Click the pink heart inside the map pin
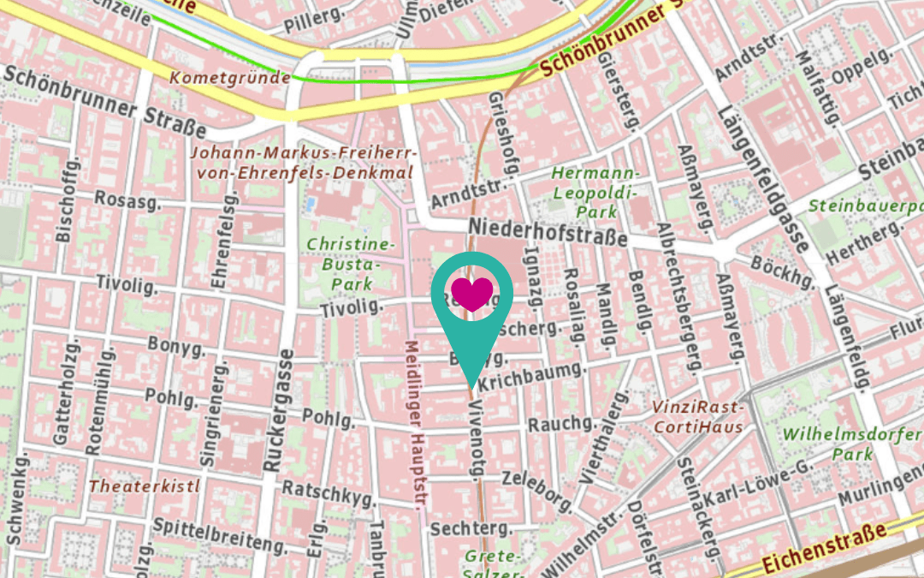coord(472,293)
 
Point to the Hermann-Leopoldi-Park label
coord(595,194)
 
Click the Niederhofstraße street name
coord(548,232)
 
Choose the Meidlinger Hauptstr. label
coord(414,425)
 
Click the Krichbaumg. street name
coord(531,377)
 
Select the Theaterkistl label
coord(144,486)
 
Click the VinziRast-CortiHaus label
coord(696,416)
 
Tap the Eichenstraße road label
coord(824,548)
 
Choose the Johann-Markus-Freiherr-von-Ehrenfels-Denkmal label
coord(304,163)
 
